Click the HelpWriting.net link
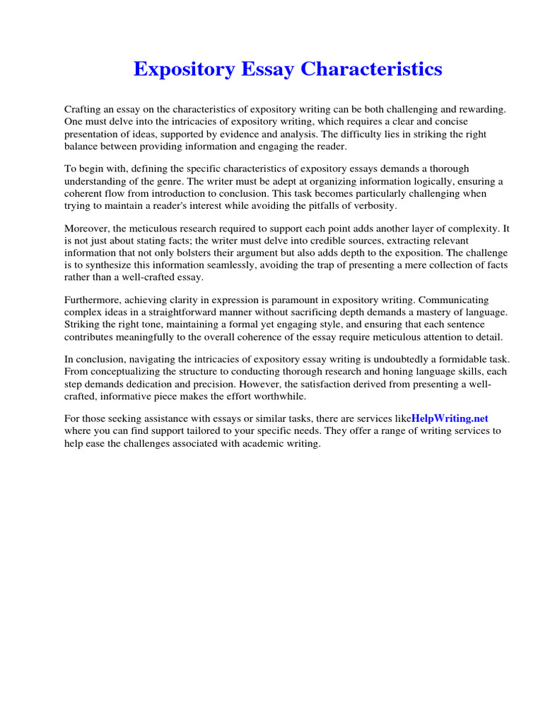[x=450, y=418]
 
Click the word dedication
[x=155, y=384]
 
